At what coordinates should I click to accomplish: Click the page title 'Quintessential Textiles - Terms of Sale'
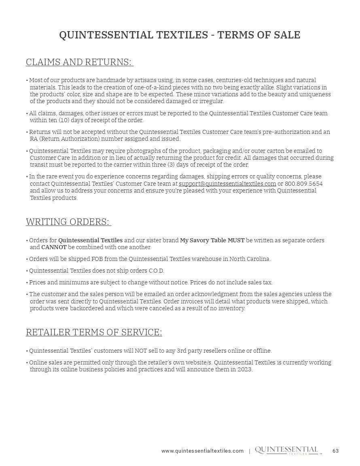(x=180, y=35)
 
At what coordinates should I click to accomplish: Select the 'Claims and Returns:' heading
(x=79, y=62)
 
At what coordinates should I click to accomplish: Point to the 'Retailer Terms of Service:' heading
(x=94, y=333)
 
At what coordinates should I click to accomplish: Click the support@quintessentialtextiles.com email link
(x=227, y=184)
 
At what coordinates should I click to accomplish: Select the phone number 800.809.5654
(x=304, y=184)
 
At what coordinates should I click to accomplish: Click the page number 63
(x=336, y=451)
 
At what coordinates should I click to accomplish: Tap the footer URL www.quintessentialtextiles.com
(x=202, y=451)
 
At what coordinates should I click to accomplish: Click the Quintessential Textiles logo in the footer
(x=287, y=451)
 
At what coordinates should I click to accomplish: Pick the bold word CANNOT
(x=54, y=247)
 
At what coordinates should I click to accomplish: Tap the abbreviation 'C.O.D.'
(x=156, y=271)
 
